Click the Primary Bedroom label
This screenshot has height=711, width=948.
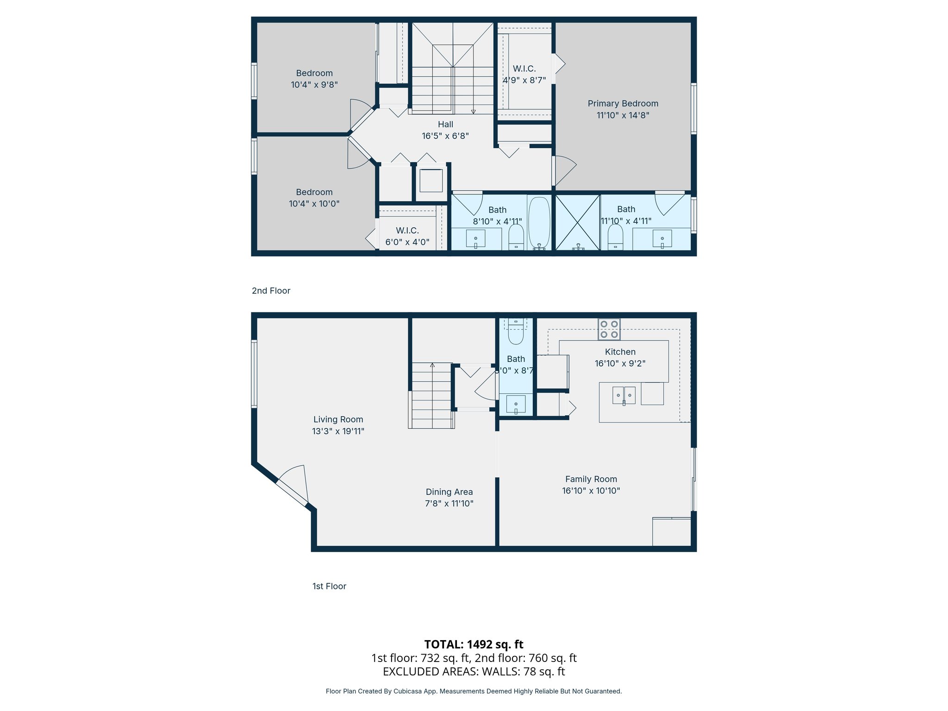click(623, 104)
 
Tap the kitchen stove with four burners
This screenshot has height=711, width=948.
click(609, 329)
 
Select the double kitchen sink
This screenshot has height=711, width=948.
click(624, 395)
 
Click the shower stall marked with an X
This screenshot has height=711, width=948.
click(577, 223)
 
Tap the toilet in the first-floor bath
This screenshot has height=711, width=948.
click(516, 332)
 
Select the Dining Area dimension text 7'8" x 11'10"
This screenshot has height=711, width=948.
click(449, 504)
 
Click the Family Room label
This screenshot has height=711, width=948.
click(591, 479)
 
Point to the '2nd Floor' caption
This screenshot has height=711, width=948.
click(271, 291)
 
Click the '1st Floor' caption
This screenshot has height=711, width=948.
click(329, 586)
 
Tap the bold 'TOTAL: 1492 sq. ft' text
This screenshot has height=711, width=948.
click(474, 644)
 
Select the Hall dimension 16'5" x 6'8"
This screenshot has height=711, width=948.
click(445, 136)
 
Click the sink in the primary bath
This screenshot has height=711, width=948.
click(662, 239)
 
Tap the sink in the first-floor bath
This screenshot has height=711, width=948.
click(516, 404)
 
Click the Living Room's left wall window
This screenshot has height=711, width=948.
click(254, 374)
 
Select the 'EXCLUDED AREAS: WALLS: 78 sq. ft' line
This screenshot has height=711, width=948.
click(474, 671)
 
